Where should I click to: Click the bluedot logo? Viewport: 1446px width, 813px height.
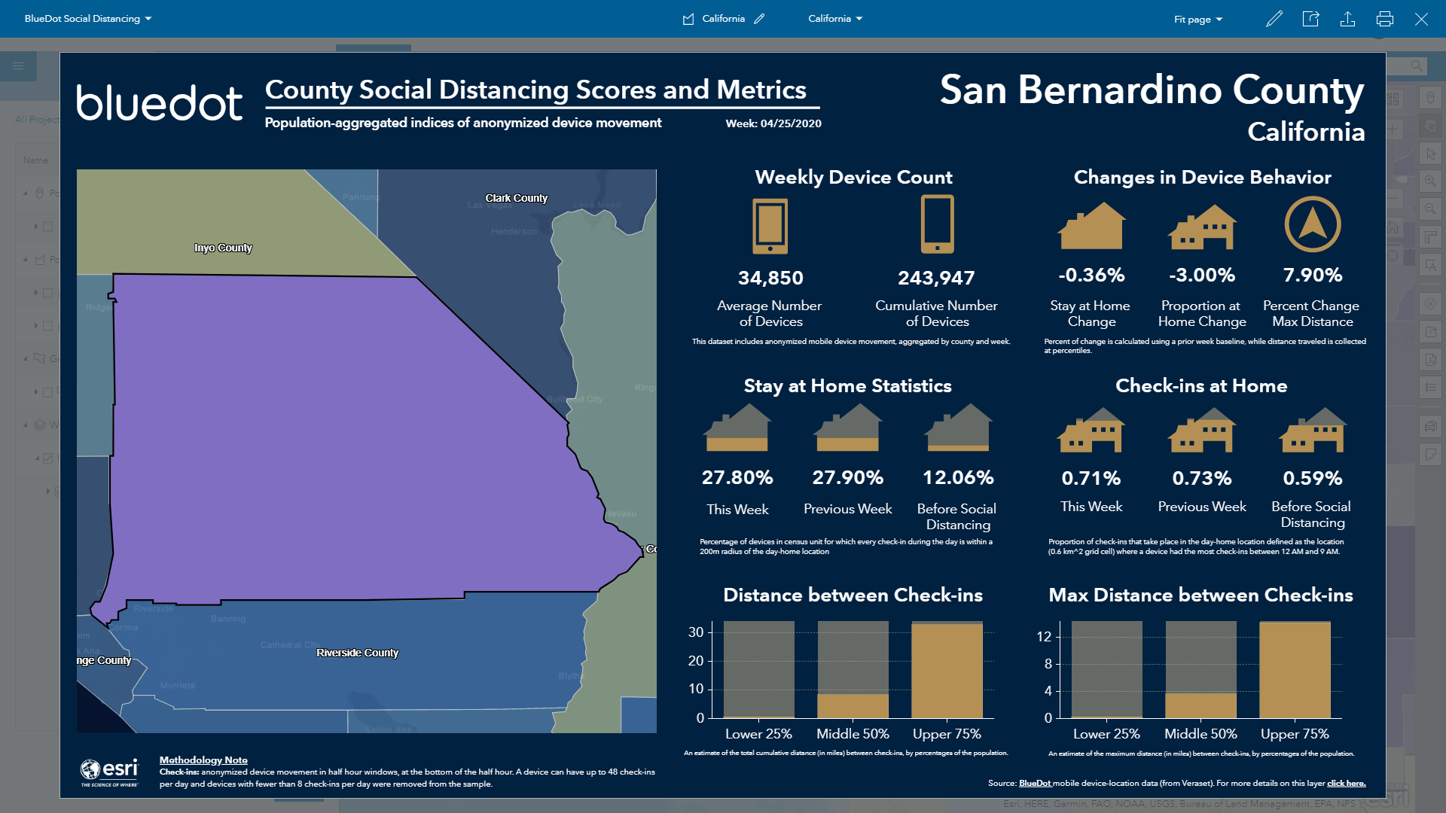coord(159,103)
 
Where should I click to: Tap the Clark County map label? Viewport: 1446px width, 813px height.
coord(516,198)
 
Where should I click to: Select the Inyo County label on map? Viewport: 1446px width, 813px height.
coord(223,248)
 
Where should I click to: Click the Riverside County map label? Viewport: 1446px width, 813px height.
coord(357,653)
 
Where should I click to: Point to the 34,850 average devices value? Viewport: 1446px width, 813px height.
coord(770,278)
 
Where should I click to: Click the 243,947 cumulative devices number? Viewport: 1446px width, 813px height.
coord(936,278)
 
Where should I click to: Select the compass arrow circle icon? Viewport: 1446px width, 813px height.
coord(1312,224)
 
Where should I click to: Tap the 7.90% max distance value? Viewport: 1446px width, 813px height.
coord(1312,275)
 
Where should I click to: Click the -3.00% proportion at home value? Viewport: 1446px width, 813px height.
coord(1201,275)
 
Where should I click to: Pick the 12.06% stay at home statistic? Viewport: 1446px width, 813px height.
coord(958,477)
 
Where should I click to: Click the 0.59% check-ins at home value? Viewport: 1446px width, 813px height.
coord(1312,478)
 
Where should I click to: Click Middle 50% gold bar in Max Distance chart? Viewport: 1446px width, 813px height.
coord(1200,705)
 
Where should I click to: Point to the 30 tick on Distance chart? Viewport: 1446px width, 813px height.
coord(696,632)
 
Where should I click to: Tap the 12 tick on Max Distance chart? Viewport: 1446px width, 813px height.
coord(1043,637)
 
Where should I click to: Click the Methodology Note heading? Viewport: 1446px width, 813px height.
coord(203,760)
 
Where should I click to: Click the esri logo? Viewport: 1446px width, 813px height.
coord(110,772)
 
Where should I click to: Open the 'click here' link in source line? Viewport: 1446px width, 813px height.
coord(1346,784)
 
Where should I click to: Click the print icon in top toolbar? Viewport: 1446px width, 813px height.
coord(1384,19)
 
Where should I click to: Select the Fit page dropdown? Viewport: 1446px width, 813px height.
coord(1197,19)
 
